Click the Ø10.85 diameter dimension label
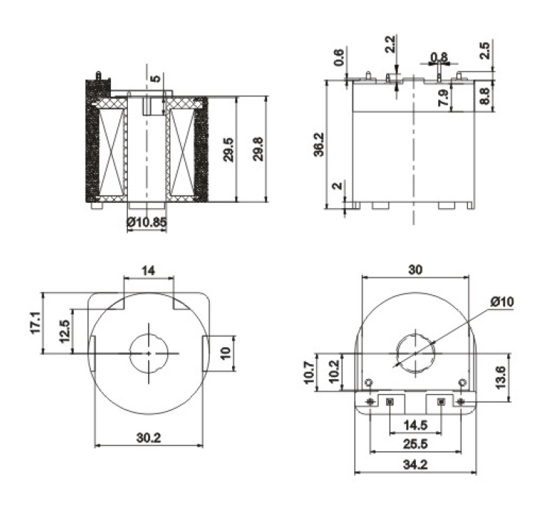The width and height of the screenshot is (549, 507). coord(147,222)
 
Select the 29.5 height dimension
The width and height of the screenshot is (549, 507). coord(228,149)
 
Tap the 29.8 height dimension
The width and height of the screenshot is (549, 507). coord(258,149)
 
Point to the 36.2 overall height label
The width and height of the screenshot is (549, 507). coord(318,144)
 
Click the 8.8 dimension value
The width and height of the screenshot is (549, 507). coord(484,95)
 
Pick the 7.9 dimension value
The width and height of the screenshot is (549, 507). coord(443,98)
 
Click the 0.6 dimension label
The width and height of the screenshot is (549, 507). coord(339,57)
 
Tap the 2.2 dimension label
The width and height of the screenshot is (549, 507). coord(390,44)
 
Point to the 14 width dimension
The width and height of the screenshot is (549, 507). coord(148,271)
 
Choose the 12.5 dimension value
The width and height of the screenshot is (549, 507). coord(65,331)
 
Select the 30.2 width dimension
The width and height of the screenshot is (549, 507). coord(149,437)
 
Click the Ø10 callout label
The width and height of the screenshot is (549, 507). coord(502,301)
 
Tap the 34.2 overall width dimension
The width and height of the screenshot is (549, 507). coord(415,465)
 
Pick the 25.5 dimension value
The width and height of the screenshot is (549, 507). coord(415,445)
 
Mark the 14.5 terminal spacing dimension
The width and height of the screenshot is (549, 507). coord(416,425)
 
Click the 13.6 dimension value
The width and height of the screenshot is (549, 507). coord(501,377)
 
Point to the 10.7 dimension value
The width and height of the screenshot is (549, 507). coord(309,372)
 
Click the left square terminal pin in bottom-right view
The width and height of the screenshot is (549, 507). coord(390,401)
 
